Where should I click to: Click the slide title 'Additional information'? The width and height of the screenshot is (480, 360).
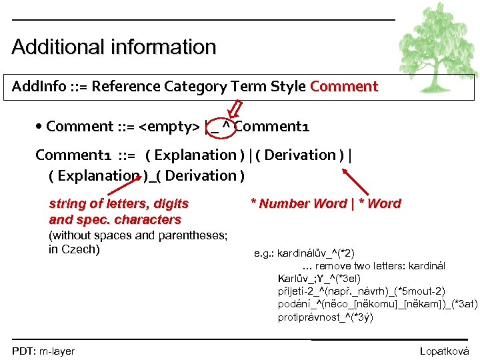114,47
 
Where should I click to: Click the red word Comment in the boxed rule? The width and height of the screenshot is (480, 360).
344,87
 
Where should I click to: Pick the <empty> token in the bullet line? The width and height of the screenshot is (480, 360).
169,127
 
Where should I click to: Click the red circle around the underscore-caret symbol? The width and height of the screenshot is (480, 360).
221,127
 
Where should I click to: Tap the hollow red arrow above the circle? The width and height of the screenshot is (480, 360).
238,108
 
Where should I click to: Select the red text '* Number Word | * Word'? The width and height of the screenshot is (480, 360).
325,204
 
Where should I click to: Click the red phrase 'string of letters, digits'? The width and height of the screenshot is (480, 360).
119,204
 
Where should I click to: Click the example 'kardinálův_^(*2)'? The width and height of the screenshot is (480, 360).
315,253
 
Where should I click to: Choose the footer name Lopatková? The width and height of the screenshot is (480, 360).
444,351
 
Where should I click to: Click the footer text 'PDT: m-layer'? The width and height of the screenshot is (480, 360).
43,351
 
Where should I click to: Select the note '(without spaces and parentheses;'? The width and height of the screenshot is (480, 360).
139,235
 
